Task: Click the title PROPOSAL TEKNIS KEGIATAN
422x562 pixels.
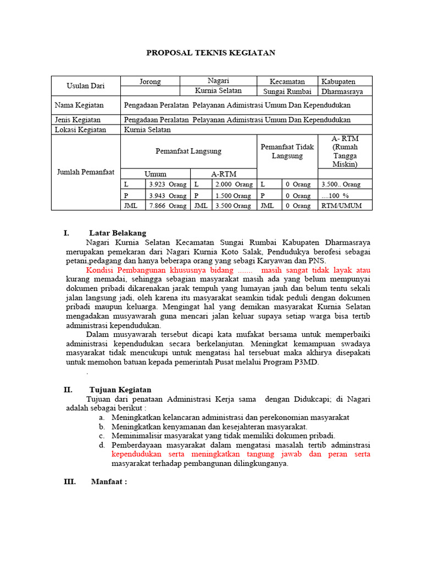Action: click(210, 53)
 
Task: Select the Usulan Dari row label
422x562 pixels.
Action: click(85, 86)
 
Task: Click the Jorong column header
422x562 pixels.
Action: click(150, 81)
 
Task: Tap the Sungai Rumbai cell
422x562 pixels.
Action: click(287, 92)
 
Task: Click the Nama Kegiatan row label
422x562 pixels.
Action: click(77, 105)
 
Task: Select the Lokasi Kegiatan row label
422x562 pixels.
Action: click(79, 130)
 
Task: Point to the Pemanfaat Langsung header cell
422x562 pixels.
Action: click(188, 151)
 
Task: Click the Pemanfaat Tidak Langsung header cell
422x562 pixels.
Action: click(287, 151)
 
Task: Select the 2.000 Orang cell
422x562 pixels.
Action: click(234, 184)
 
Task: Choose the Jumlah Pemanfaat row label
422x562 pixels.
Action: click(85, 172)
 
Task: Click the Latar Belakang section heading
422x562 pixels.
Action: click(118, 233)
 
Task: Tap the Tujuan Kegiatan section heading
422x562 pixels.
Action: click(120, 390)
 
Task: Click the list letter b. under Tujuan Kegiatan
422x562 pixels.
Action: click(102, 426)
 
